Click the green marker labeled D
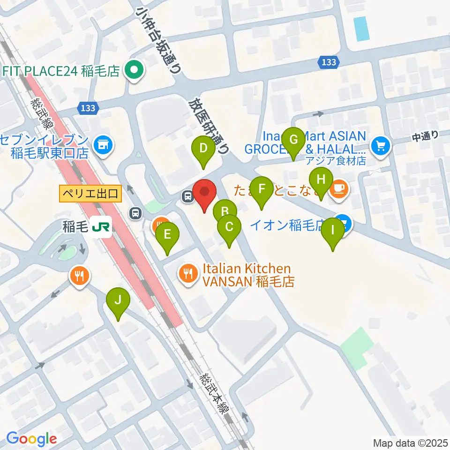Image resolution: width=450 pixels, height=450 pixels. [203, 150]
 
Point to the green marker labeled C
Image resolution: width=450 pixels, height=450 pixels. [229, 228]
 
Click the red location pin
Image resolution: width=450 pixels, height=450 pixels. [205, 193]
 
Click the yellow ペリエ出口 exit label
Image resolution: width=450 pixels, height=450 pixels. [90, 194]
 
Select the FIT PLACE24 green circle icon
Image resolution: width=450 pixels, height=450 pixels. [134, 71]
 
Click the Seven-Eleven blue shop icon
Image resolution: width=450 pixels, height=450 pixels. [102, 145]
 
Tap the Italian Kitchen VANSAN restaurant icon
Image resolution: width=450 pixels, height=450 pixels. [188, 273]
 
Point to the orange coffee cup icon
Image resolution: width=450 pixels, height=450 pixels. [338, 189]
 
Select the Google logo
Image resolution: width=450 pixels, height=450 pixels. [31, 439]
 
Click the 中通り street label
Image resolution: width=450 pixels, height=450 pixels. [425, 137]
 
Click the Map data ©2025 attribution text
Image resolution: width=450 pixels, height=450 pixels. [410, 442]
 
